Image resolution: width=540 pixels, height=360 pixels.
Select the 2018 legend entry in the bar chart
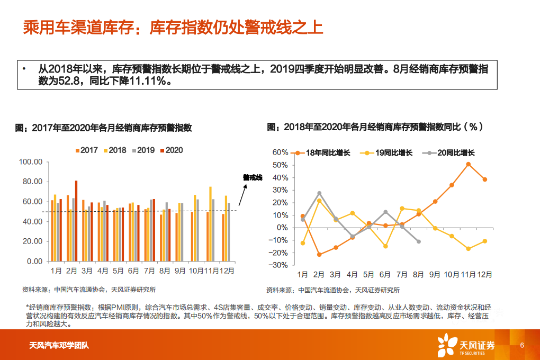(114, 150)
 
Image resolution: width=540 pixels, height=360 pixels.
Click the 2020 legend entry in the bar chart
(170, 150)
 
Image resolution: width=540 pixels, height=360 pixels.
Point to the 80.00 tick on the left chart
(31, 182)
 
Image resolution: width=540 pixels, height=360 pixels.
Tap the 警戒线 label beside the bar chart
(253, 177)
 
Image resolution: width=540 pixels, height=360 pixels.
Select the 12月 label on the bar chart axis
(227, 271)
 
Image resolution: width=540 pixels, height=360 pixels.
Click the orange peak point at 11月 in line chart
(469, 164)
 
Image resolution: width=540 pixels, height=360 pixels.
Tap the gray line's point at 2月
(319, 193)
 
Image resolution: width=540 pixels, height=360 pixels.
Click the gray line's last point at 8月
(419, 241)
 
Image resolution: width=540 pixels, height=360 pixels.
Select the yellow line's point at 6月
(385, 246)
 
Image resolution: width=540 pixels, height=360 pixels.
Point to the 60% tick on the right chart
(280, 152)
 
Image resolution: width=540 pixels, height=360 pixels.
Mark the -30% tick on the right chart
(279, 265)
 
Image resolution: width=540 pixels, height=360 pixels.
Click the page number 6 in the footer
(522, 346)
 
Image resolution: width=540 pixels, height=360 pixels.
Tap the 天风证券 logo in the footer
(465, 345)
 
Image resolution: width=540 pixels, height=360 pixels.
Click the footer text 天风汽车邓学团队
(59, 346)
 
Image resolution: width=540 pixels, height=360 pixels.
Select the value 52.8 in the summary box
(71, 82)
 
